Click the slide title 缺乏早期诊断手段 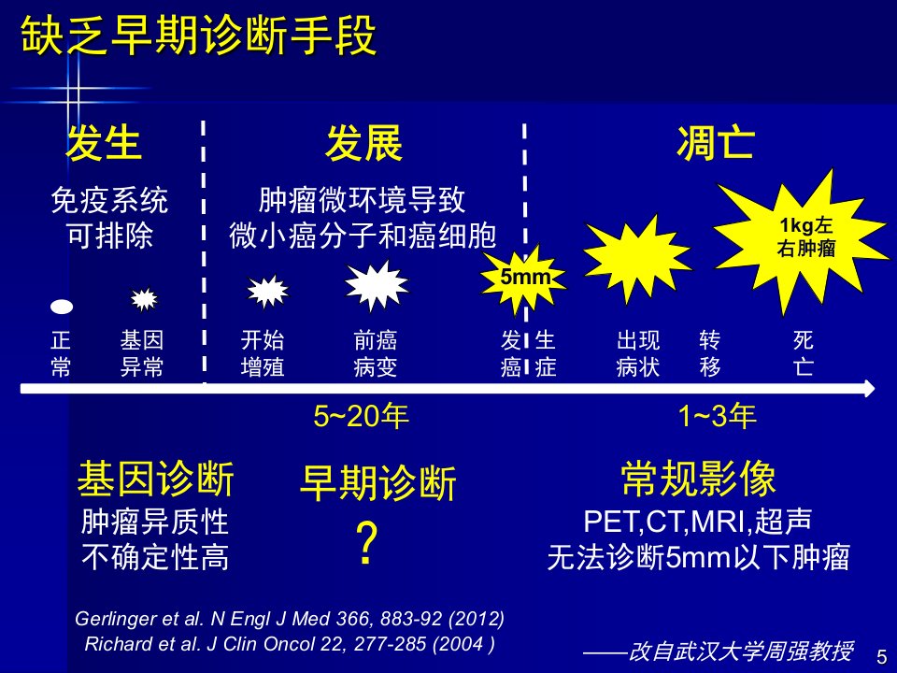198,36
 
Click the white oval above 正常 62,308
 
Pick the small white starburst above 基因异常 144,299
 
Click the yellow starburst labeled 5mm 524,279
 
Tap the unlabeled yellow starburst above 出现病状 636,258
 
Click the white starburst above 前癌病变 377,286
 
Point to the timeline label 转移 709,353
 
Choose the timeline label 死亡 804,353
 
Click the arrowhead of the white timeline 870,389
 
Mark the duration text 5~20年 361,416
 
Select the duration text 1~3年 718,416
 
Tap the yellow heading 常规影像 699,479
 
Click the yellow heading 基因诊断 156,479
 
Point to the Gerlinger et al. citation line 290,619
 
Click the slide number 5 881,656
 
